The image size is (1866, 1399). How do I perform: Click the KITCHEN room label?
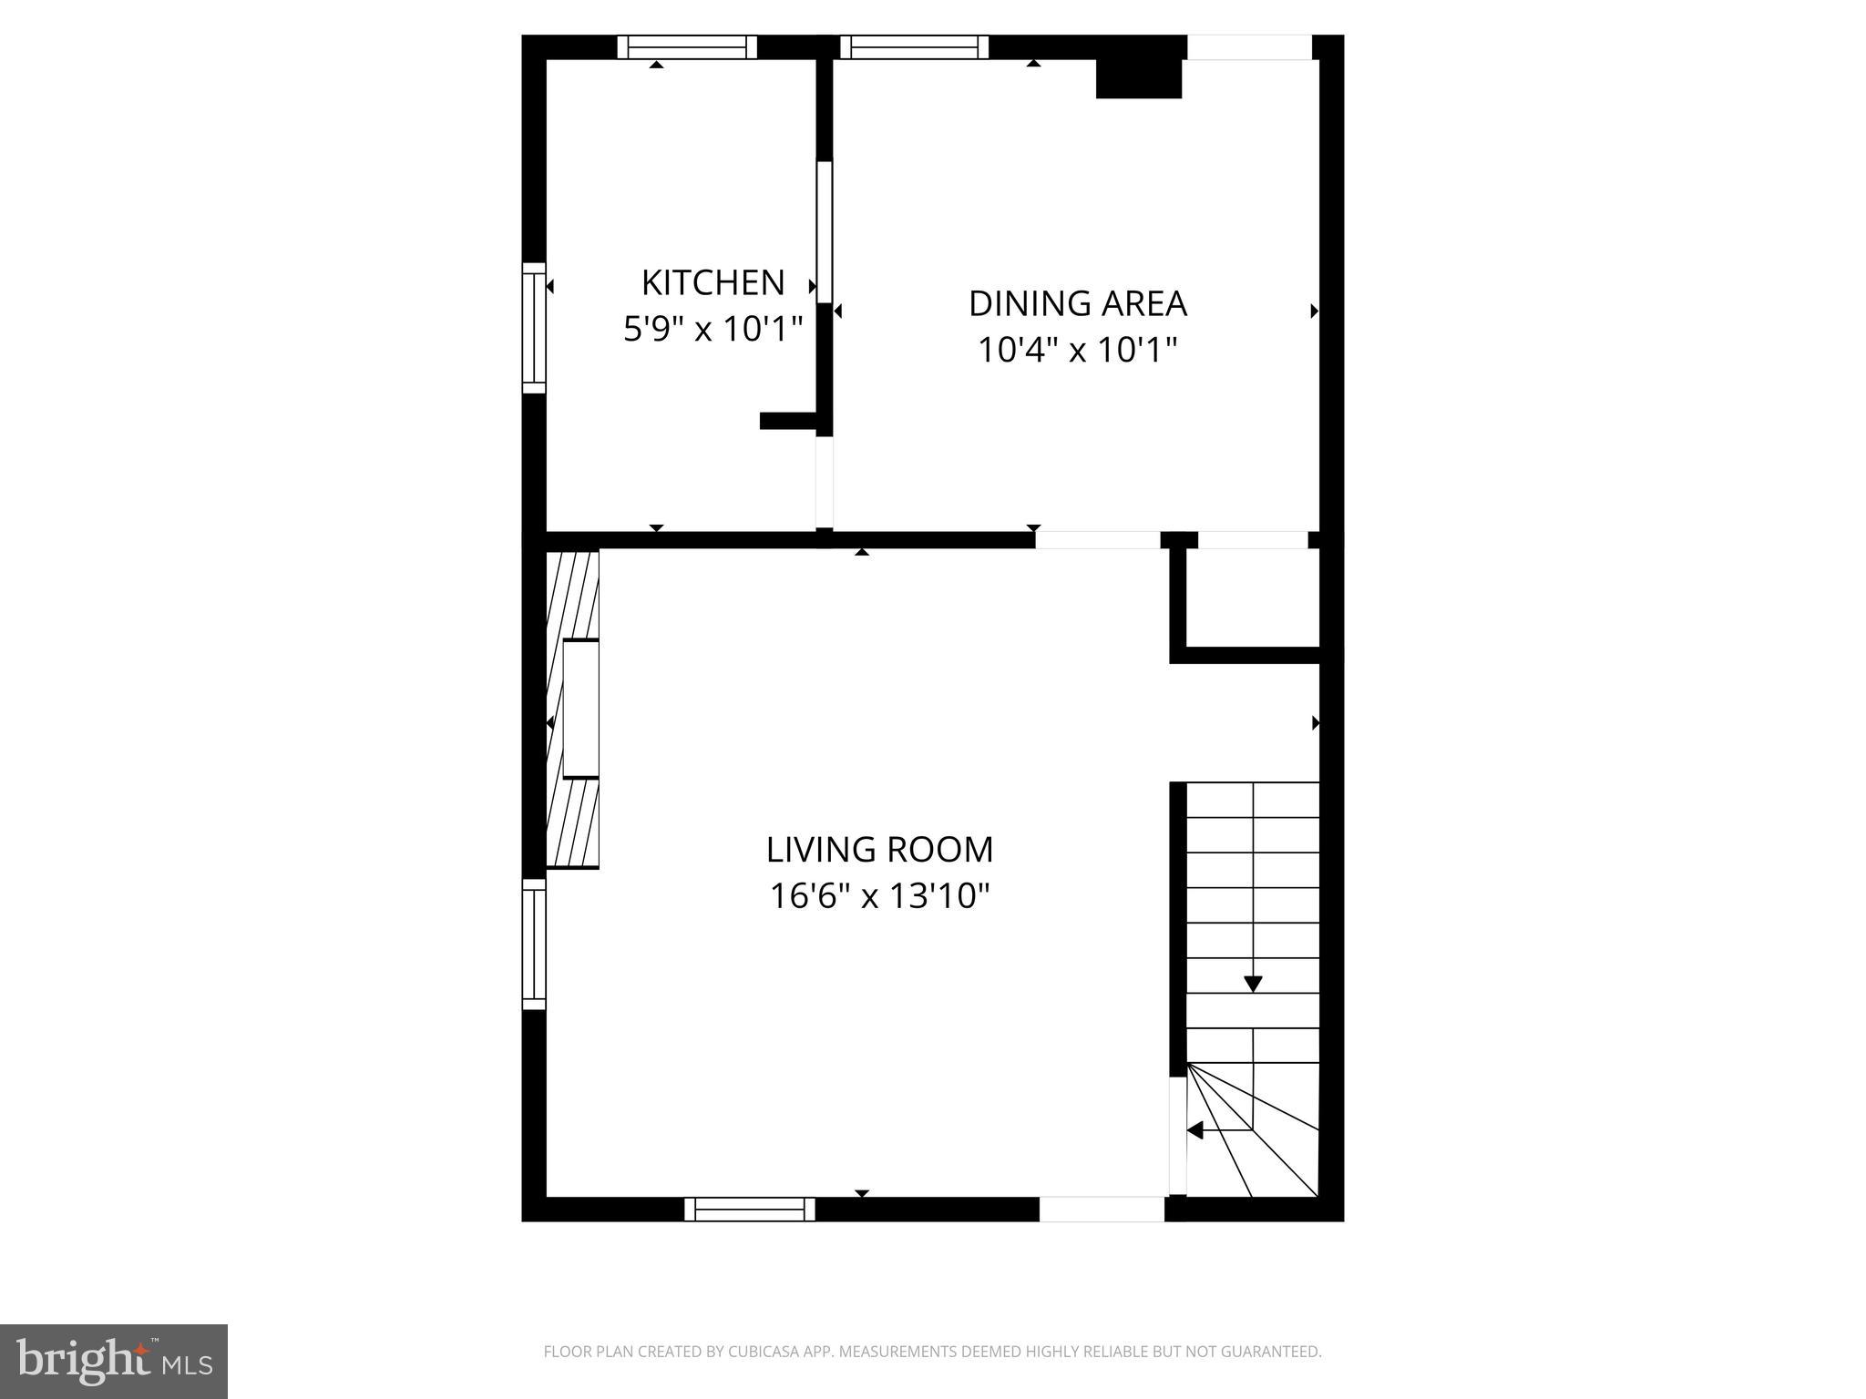[713, 282]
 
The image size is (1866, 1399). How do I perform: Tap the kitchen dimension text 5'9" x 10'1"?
[713, 329]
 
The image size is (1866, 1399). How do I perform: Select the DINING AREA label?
[1077, 303]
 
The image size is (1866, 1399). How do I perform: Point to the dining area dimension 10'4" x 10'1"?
[1077, 350]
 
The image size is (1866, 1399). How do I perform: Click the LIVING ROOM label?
[879, 849]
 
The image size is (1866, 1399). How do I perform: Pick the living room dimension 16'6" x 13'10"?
[879, 896]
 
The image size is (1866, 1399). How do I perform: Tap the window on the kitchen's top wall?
[687, 46]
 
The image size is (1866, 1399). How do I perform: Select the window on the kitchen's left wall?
[534, 328]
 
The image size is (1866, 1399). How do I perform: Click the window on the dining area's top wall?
[914, 46]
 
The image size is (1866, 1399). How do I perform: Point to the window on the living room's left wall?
[534, 944]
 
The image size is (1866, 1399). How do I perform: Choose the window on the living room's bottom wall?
[750, 1209]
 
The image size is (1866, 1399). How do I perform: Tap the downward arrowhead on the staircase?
[1253, 984]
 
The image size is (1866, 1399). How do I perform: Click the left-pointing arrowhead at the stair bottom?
[1194, 1130]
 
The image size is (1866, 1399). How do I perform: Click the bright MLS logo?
[114, 1360]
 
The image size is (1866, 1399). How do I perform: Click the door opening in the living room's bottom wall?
[1102, 1209]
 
